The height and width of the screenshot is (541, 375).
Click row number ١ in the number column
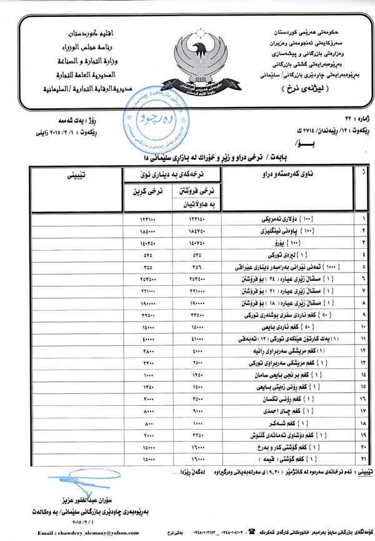pyautogui.click(x=363, y=220)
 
